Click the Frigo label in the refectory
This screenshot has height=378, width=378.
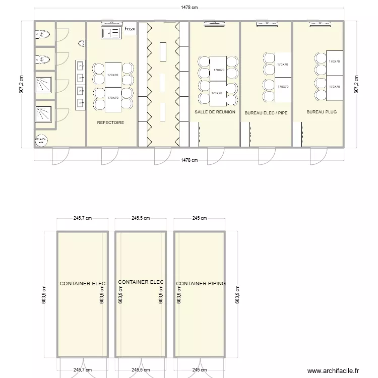point(130,29)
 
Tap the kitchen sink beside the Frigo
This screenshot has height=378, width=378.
point(110,32)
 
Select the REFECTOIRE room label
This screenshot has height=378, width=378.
point(110,122)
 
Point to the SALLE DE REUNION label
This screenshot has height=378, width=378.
point(215,112)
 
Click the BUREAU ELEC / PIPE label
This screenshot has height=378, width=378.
point(266,113)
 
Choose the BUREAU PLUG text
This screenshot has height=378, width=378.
point(322,112)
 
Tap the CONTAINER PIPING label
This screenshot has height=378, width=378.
point(201,284)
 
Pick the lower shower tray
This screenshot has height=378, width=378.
point(43,114)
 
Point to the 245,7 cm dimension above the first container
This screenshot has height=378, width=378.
point(83,219)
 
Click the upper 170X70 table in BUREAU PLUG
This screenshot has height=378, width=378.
point(334,61)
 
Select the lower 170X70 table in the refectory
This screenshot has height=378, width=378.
point(113,98)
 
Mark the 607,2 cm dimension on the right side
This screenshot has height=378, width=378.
point(356,84)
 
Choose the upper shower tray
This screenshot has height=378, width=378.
point(43,84)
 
